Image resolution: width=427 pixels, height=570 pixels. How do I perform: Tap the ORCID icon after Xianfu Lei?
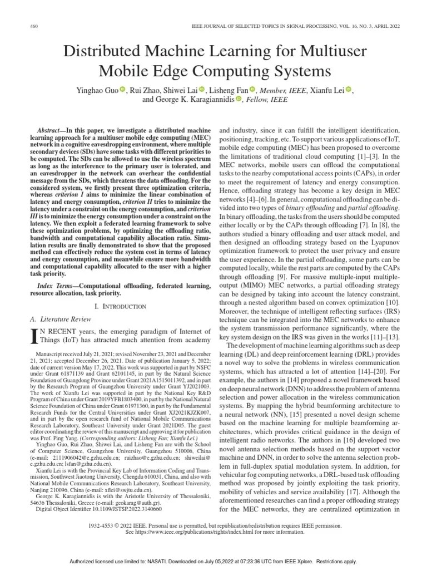349,90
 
